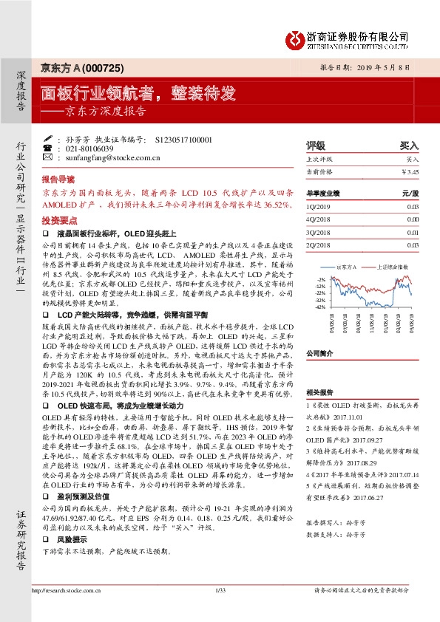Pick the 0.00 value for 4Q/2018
coord(412,219)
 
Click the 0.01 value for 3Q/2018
coord(412,232)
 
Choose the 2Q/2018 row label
coord(317,244)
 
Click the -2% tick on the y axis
coord(320,279)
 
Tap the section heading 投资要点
coord(56,220)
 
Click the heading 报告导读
coord(58,180)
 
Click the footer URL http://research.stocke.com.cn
coord(67,611)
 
